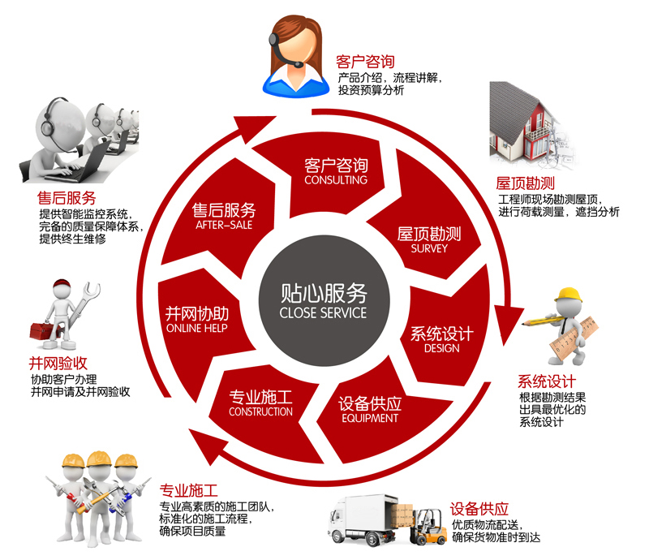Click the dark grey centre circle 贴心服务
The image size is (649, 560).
323,299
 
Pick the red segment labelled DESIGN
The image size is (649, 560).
441,339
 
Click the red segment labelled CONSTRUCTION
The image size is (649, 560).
260,403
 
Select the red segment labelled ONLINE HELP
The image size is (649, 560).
196,319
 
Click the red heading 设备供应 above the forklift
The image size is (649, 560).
479,510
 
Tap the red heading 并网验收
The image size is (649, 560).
57,364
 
